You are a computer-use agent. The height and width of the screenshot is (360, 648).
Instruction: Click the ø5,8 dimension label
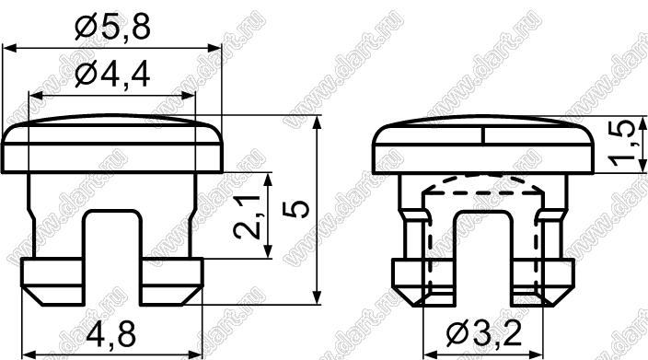(112, 27)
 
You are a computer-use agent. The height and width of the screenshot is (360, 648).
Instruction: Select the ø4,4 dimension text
(112, 75)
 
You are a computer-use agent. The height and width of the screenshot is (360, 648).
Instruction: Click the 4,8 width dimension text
(111, 334)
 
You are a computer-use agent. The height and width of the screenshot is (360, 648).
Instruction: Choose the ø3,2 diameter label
(484, 333)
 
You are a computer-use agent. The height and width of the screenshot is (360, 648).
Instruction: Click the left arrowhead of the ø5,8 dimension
(9, 48)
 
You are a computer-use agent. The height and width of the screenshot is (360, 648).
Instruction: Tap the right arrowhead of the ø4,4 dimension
(188, 96)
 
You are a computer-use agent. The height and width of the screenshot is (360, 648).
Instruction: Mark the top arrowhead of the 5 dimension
(317, 122)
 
